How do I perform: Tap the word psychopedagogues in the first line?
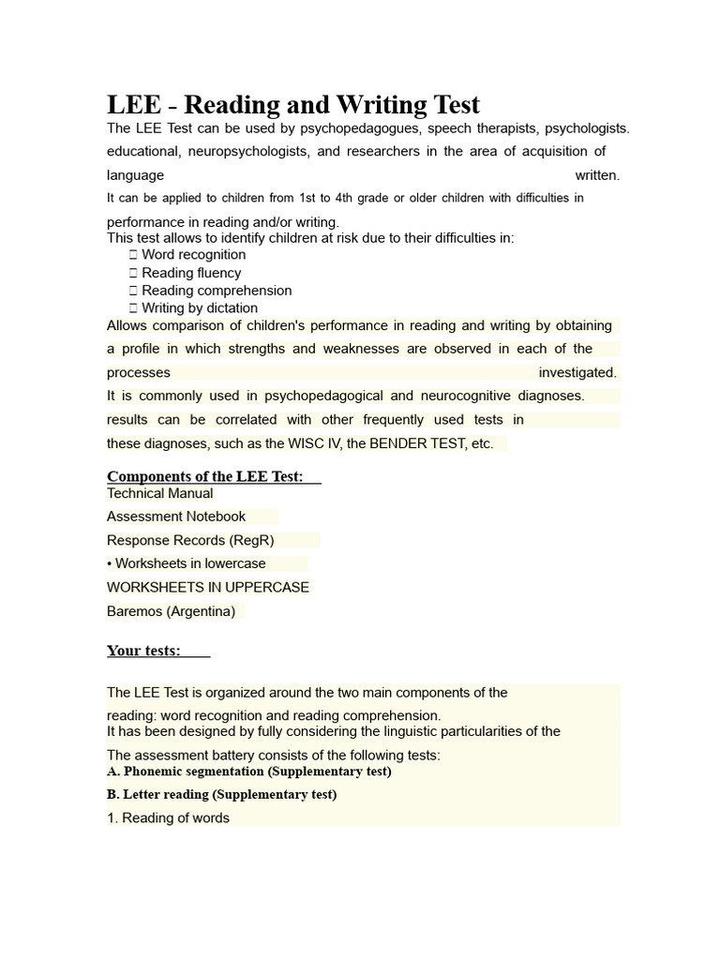pyautogui.click(x=315, y=127)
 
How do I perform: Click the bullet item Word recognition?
pyautogui.click(x=193, y=255)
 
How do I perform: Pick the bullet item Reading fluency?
pyautogui.click(x=191, y=273)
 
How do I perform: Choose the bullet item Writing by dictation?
pyautogui.click(x=199, y=308)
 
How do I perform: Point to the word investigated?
pyautogui.click(x=577, y=372)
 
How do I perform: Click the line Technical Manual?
pyautogui.click(x=160, y=493)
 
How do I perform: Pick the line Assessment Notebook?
pyautogui.click(x=176, y=517)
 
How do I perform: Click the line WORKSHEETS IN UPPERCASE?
pyautogui.click(x=208, y=587)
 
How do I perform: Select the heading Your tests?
pyautogui.click(x=143, y=651)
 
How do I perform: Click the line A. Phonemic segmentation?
pyautogui.click(x=249, y=772)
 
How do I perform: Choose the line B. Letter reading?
pyautogui.click(x=222, y=794)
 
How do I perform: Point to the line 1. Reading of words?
pyautogui.click(x=168, y=818)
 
